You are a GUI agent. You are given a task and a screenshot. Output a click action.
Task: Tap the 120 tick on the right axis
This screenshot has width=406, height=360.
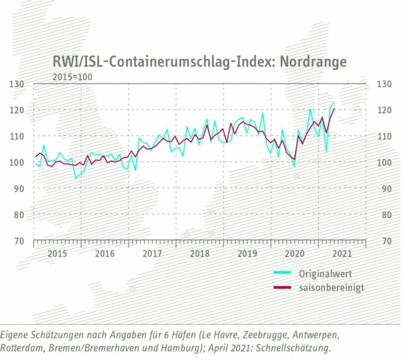[x=383, y=110]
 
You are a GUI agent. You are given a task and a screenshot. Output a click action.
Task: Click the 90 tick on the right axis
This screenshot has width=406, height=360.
[x=384, y=188]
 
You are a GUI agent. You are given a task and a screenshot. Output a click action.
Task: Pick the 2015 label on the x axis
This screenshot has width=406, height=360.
[x=57, y=253]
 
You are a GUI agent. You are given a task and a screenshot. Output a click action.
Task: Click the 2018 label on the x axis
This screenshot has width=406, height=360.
[x=200, y=253]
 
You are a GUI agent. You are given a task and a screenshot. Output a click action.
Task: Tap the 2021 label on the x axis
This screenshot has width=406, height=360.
[x=342, y=253]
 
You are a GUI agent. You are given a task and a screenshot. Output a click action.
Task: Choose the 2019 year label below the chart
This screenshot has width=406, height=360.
[x=247, y=253]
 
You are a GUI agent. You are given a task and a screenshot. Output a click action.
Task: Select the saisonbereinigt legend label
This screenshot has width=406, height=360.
[x=331, y=287]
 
